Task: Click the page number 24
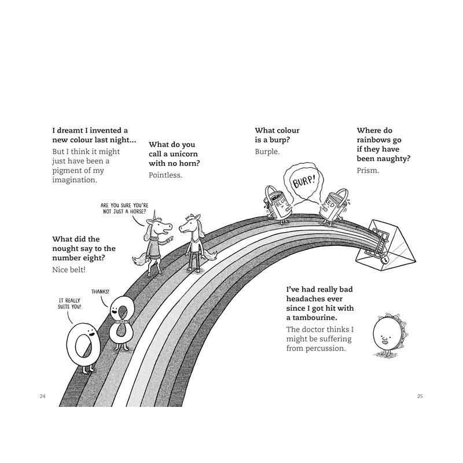42,396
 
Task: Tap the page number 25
420,396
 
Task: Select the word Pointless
166,175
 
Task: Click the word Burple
267,152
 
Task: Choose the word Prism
368,170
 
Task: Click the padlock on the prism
384,262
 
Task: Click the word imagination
75,180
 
